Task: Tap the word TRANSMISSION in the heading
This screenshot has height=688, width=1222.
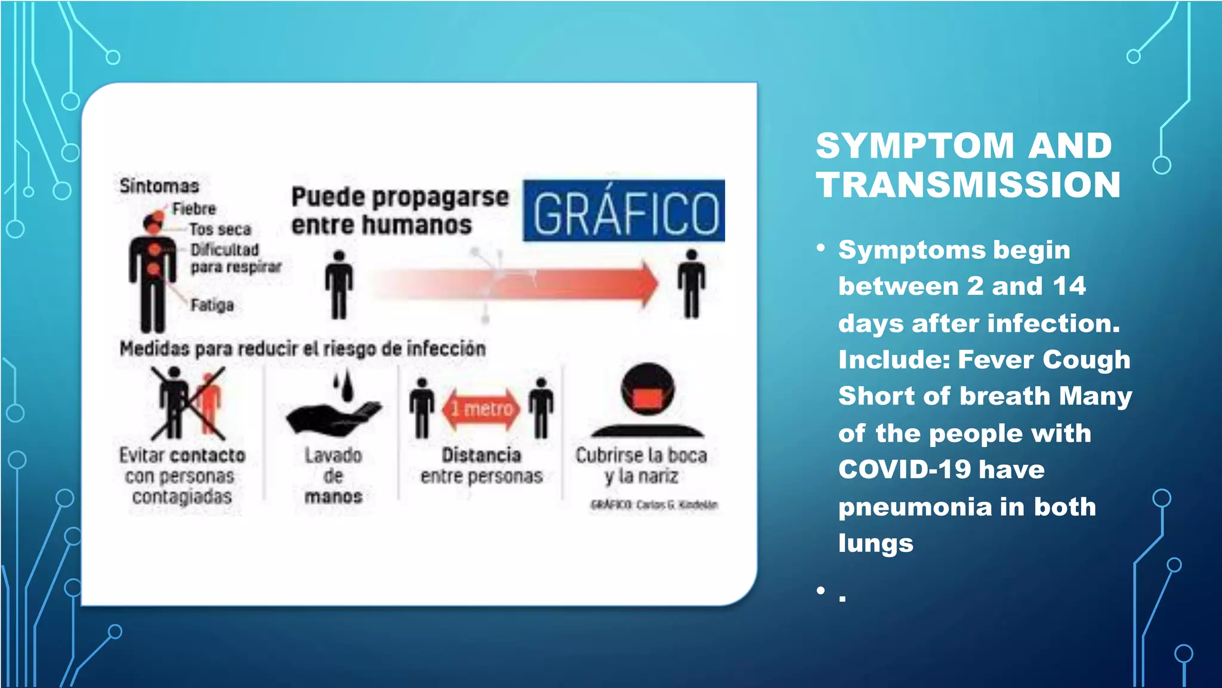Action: [968, 184]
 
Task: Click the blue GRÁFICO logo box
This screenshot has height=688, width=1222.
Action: [624, 211]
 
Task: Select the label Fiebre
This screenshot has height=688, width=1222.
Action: [194, 209]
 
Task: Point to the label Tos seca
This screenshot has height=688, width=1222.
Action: [220, 229]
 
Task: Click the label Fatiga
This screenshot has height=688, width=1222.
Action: [212, 305]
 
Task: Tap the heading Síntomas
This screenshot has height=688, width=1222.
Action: [159, 186]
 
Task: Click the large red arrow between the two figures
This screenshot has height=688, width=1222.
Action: [525, 284]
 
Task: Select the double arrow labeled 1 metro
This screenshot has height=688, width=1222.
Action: [482, 409]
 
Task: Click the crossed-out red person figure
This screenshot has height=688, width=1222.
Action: [209, 401]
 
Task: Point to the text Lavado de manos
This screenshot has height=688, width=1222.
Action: [334, 476]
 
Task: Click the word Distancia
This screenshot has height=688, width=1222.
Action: [481, 455]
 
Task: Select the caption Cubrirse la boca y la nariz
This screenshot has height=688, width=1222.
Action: [641, 465]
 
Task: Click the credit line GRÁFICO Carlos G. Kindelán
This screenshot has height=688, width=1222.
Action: [653, 505]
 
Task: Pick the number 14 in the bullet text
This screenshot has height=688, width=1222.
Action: [1069, 286]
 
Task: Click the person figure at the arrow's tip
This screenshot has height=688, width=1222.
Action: [691, 284]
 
